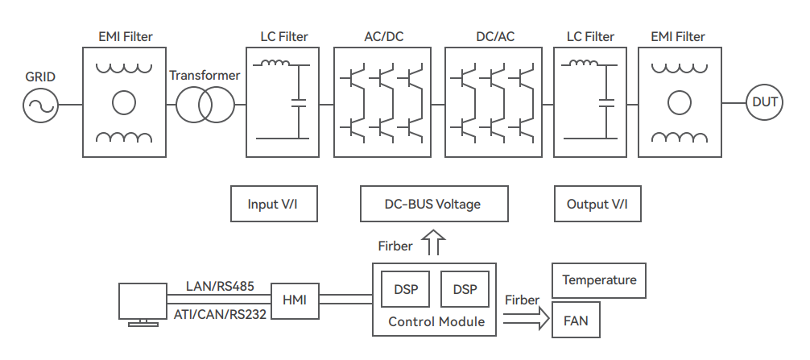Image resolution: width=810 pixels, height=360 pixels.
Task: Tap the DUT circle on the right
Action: (764, 102)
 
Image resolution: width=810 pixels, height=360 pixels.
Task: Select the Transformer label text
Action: (205, 76)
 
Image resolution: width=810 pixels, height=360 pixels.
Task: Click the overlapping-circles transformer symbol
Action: (205, 106)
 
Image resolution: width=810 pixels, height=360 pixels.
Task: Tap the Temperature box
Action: (599, 280)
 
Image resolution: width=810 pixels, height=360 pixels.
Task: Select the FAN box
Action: (576, 321)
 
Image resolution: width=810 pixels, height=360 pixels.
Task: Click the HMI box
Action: (295, 300)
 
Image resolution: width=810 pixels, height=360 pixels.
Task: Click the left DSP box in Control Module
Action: (406, 289)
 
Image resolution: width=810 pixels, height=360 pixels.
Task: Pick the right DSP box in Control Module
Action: (465, 289)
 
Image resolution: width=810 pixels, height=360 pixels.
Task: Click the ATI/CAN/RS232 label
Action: (220, 314)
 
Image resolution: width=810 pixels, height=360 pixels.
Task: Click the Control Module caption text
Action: (436, 322)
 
